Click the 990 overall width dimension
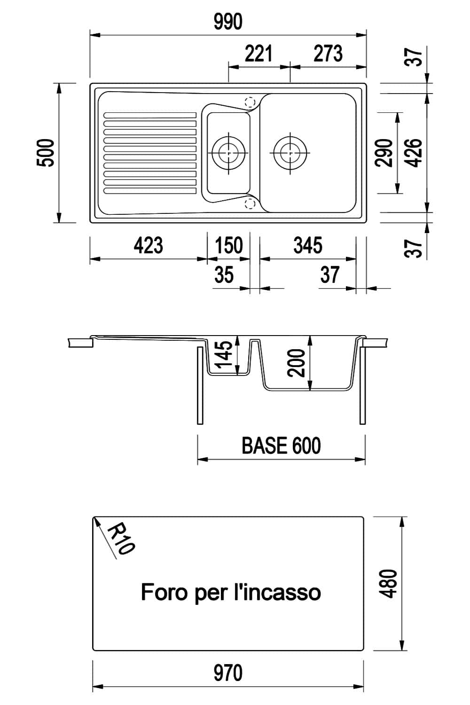tap(228, 22)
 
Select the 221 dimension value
tap(258, 54)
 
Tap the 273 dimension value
tap(328, 54)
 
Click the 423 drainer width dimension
tap(148, 245)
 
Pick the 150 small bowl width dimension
tap(229, 245)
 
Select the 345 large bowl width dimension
tap(308, 245)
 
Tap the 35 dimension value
tap(224, 274)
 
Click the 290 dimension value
tap(384, 153)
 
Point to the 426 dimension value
tap(414, 153)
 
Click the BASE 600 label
tap(281, 446)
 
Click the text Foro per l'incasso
tap(231, 592)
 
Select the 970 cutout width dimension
tap(228, 673)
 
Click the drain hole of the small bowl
tap(229, 152)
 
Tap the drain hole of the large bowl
tap(290, 152)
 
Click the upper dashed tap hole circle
tap(250, 102)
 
